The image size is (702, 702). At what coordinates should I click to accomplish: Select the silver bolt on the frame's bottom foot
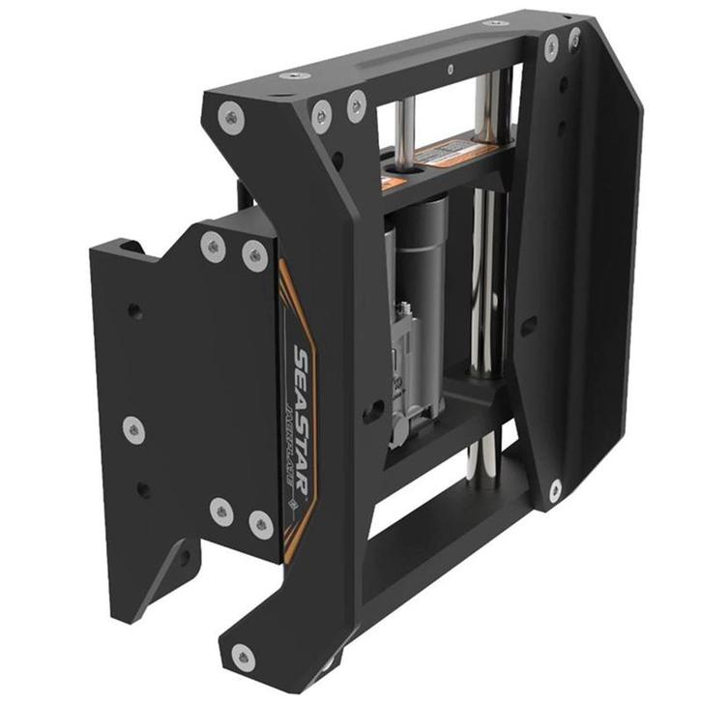point(244,658)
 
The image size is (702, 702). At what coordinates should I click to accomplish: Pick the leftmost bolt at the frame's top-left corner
point(231,119)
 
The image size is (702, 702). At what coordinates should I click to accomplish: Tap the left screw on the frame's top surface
point(287,75)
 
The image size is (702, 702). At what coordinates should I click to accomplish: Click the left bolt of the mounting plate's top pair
point(213,246)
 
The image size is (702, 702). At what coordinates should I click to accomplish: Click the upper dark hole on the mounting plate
point(135,312)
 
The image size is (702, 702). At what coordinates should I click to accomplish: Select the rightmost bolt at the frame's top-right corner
point(574,40)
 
